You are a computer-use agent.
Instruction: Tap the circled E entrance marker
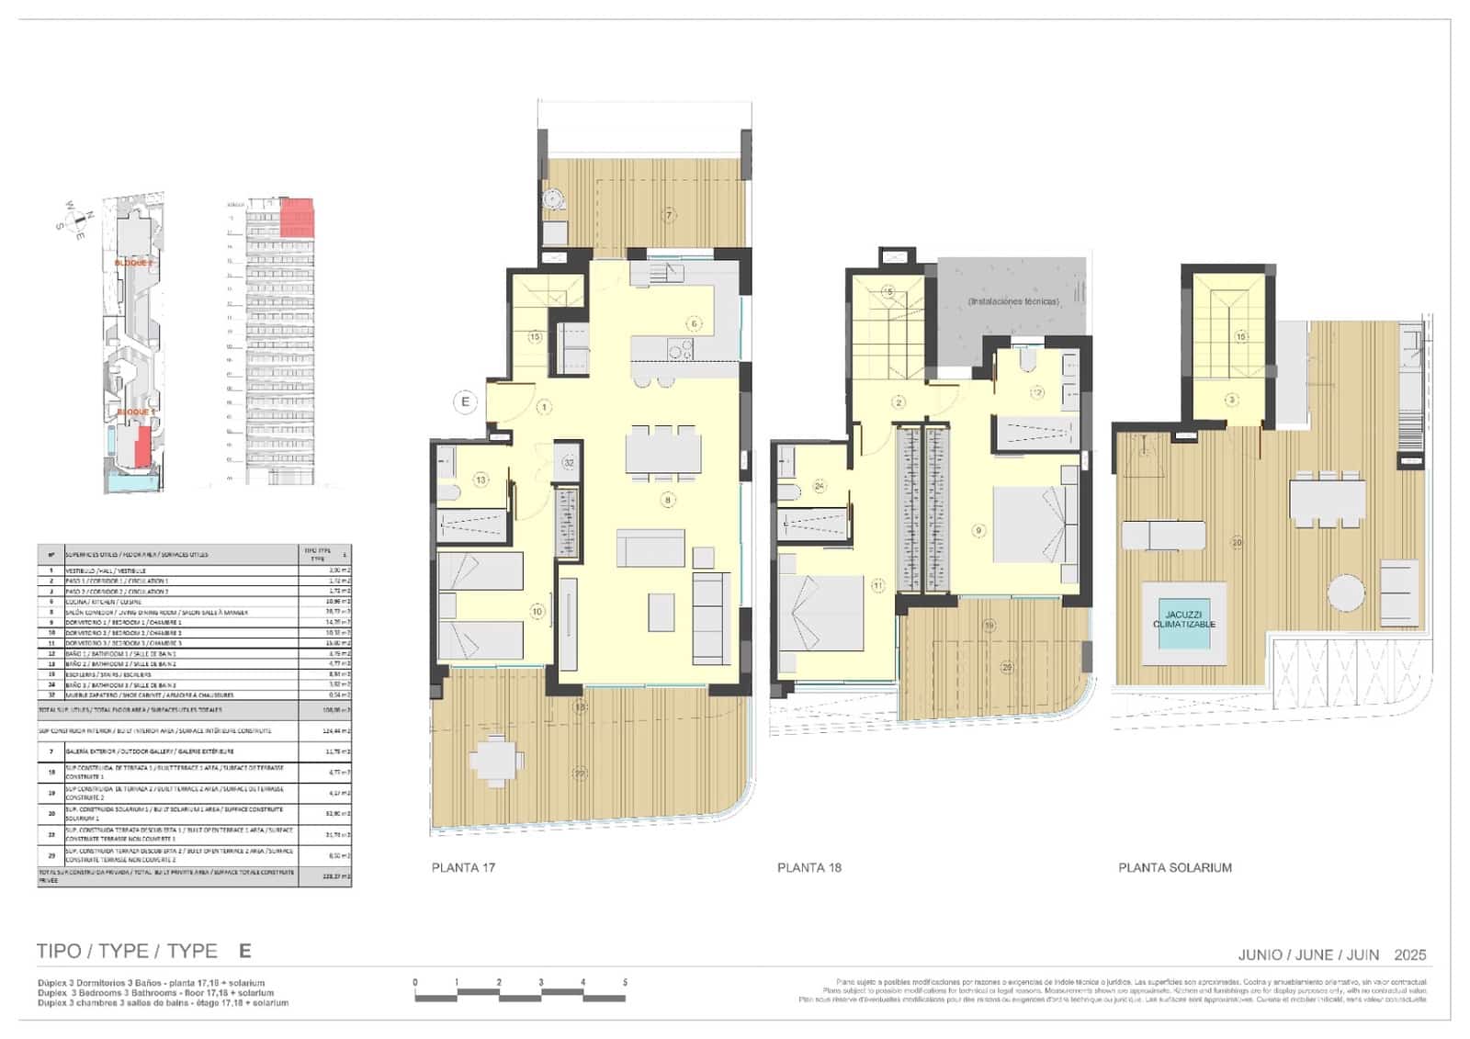pyautogui.click(x=466, y=401)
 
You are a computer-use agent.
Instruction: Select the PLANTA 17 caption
pyautogui.click(x=463, y=867)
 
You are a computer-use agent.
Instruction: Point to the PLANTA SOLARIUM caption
pyautogui.click(x=1174, y=867)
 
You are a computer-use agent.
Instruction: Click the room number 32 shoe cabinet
pyautogui.click(x=570, y=463)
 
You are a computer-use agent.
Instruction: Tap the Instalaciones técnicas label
pyautogui.click(x=1012, y=301)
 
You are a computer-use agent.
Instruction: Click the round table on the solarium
pyautogui.click(x=1346, y=593)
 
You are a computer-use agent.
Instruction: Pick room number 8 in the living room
pyautogui.click(x=668, y=501)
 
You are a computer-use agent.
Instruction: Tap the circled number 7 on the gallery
pyautogui.click(x=669, y=215)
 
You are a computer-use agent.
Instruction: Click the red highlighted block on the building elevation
pyautogui.click(x=297, y=217)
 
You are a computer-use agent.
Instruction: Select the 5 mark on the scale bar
pyautogui.click(x=625, y=983)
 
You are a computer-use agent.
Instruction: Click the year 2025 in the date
pyautogui.click(x=1409, y=955)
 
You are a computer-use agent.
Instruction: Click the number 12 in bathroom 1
pyautogui.click(x=1037, y=392)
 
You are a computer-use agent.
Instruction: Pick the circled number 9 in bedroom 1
pyautogui.click(x=978, y=530)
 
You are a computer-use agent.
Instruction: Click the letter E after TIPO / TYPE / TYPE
pyautogui.click(x=244, y=951)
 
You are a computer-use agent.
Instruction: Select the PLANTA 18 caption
pyautogui.click(x=808, y=867)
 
